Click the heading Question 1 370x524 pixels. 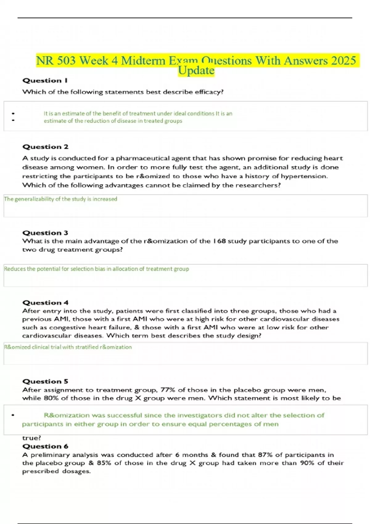pos(45,81)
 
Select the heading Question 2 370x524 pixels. pos(45,147)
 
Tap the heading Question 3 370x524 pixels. pos(45,233)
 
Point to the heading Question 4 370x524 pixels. pos(45,303)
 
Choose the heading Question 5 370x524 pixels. pos(45,382)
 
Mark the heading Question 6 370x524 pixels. pos(45,447)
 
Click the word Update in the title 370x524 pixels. pos(196,71)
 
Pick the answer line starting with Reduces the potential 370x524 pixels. pos(97,269)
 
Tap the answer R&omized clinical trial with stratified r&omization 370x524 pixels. pos(68,347)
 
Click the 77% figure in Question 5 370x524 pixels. pos(168,390)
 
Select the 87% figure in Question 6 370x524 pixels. pos(265,455)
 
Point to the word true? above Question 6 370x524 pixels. pos(32,438)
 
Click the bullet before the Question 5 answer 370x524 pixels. pos(13,416)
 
